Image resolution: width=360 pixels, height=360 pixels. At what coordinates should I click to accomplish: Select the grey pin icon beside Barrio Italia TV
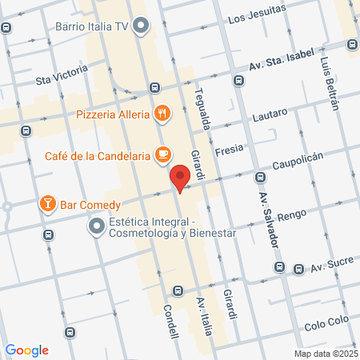coord(142,26)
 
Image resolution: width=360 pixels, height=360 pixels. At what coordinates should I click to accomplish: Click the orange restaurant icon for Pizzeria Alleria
coord(162,114)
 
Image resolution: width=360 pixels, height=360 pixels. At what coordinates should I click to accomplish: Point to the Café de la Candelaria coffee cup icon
coord(162,153)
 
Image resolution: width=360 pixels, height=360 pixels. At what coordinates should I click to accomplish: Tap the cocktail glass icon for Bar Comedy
coord(47,204)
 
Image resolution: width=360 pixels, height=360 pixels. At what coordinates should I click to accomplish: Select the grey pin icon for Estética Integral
coord(97,227)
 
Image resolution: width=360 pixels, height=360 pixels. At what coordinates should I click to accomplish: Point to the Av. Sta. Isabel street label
coord(282,66)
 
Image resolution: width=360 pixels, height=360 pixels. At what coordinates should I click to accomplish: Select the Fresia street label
coord(229,148)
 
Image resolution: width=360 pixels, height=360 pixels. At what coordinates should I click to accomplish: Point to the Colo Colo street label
coord(326,326)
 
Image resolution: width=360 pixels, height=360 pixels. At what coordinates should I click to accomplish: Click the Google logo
coord(26,350)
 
